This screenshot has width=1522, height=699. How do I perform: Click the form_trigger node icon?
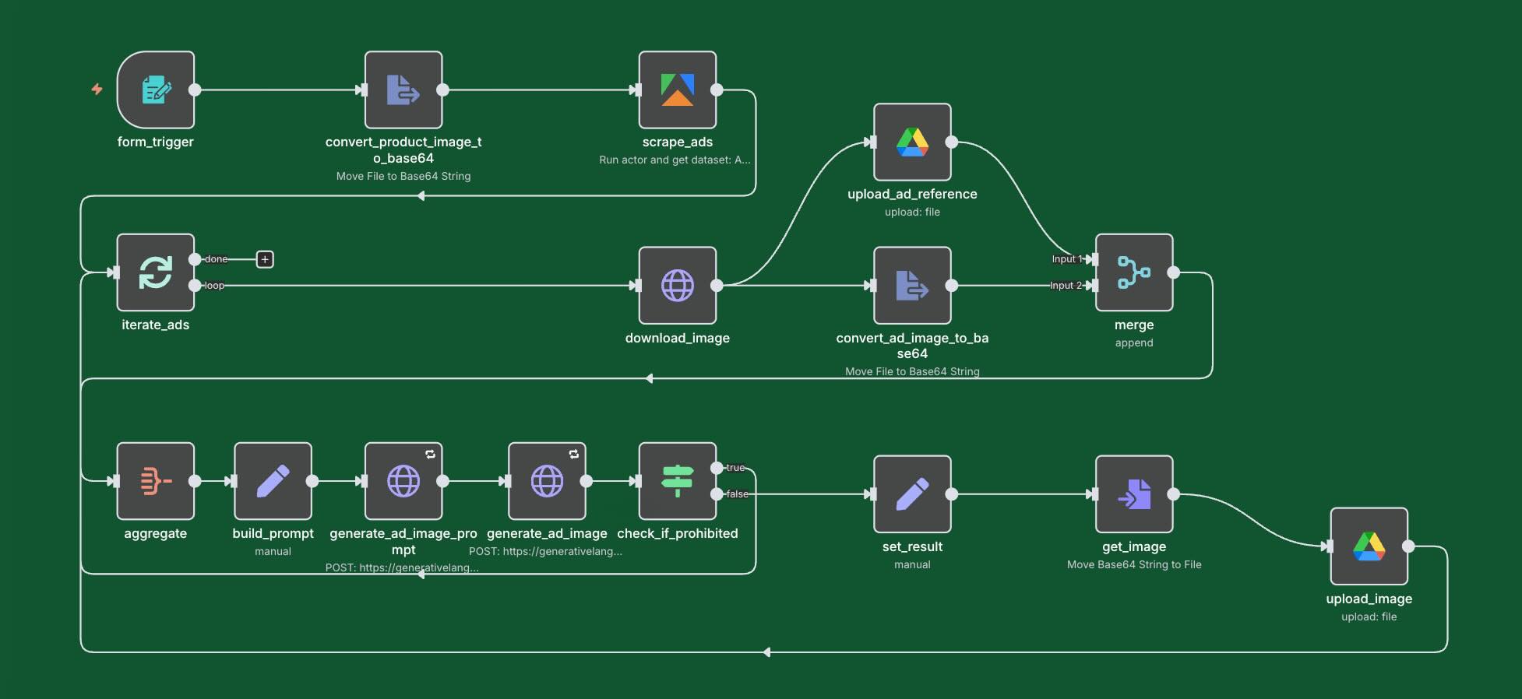pos(156,90)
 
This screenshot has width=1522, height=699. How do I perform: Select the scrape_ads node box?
pos(677,90)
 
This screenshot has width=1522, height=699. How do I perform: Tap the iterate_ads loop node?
pos(156,272)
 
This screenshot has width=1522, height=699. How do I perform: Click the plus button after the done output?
pos(265,259)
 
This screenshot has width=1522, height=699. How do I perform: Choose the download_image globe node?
pos(677,286)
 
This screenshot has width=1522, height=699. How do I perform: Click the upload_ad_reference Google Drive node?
pos(912,142)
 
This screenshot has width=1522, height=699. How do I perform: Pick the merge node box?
pos(1134,272)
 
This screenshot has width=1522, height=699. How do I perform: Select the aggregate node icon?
pos(156,481)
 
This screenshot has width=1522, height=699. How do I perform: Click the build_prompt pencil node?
pos(273,481)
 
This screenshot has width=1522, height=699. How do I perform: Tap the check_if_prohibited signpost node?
pos(677,481)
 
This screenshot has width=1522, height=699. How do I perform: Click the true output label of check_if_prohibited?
pos(735,468)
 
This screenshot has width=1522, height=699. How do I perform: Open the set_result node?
pos(912,494)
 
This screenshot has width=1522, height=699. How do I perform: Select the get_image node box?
pos(1134,494)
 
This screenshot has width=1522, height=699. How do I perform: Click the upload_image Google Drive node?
pos(1369,546)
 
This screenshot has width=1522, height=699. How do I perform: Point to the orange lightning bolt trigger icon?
pos(97,90)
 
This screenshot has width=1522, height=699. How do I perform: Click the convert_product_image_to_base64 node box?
pos(403,90)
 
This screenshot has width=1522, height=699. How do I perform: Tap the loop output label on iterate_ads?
pos(214,286)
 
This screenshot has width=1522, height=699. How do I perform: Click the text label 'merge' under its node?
pos(1134,325)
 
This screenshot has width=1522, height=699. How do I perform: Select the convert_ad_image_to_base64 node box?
pos(912,286)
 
